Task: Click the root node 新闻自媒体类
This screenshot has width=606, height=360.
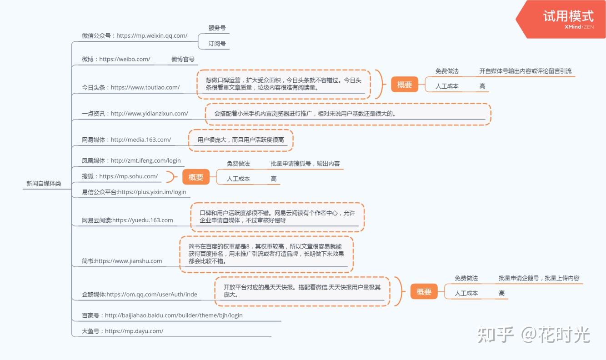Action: [x=44, y=184]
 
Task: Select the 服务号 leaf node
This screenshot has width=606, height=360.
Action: [x=217, y=28]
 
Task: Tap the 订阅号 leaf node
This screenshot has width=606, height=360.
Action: [x=217, y=44]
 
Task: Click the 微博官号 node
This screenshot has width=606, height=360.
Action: [x=183, y=59]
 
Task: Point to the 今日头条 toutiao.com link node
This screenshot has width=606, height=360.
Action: [x=130, y=87]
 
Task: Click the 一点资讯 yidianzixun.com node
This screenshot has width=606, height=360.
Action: [x=135, y=114]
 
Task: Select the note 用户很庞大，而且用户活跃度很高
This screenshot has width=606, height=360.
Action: [x=240, y=140]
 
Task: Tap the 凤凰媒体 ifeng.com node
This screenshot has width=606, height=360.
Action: [x=131, y=160]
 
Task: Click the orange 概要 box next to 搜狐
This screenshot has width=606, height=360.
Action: [x=196, y=177]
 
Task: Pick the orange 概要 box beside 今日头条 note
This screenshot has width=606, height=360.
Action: [x=404, y=85]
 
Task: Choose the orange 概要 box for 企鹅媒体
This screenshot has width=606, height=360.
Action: [x=424, y=292]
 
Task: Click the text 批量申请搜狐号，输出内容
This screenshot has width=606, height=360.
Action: [x=305, y=164]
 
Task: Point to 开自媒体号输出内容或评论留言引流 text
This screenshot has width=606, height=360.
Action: [x=525, y=71]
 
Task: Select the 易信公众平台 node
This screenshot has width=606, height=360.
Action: [x=134, y=192]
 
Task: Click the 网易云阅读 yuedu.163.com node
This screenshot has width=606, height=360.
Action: [x=127, y=220]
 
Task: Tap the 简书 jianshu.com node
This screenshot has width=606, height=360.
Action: [x=122, y=261]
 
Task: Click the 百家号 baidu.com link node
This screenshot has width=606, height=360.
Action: [x=162, y=315]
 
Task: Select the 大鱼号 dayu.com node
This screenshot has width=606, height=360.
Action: [x=122, y=331]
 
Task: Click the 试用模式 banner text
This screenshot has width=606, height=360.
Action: [x=568, y=16]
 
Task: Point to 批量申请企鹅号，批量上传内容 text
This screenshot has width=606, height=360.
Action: [x=539, y=278]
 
